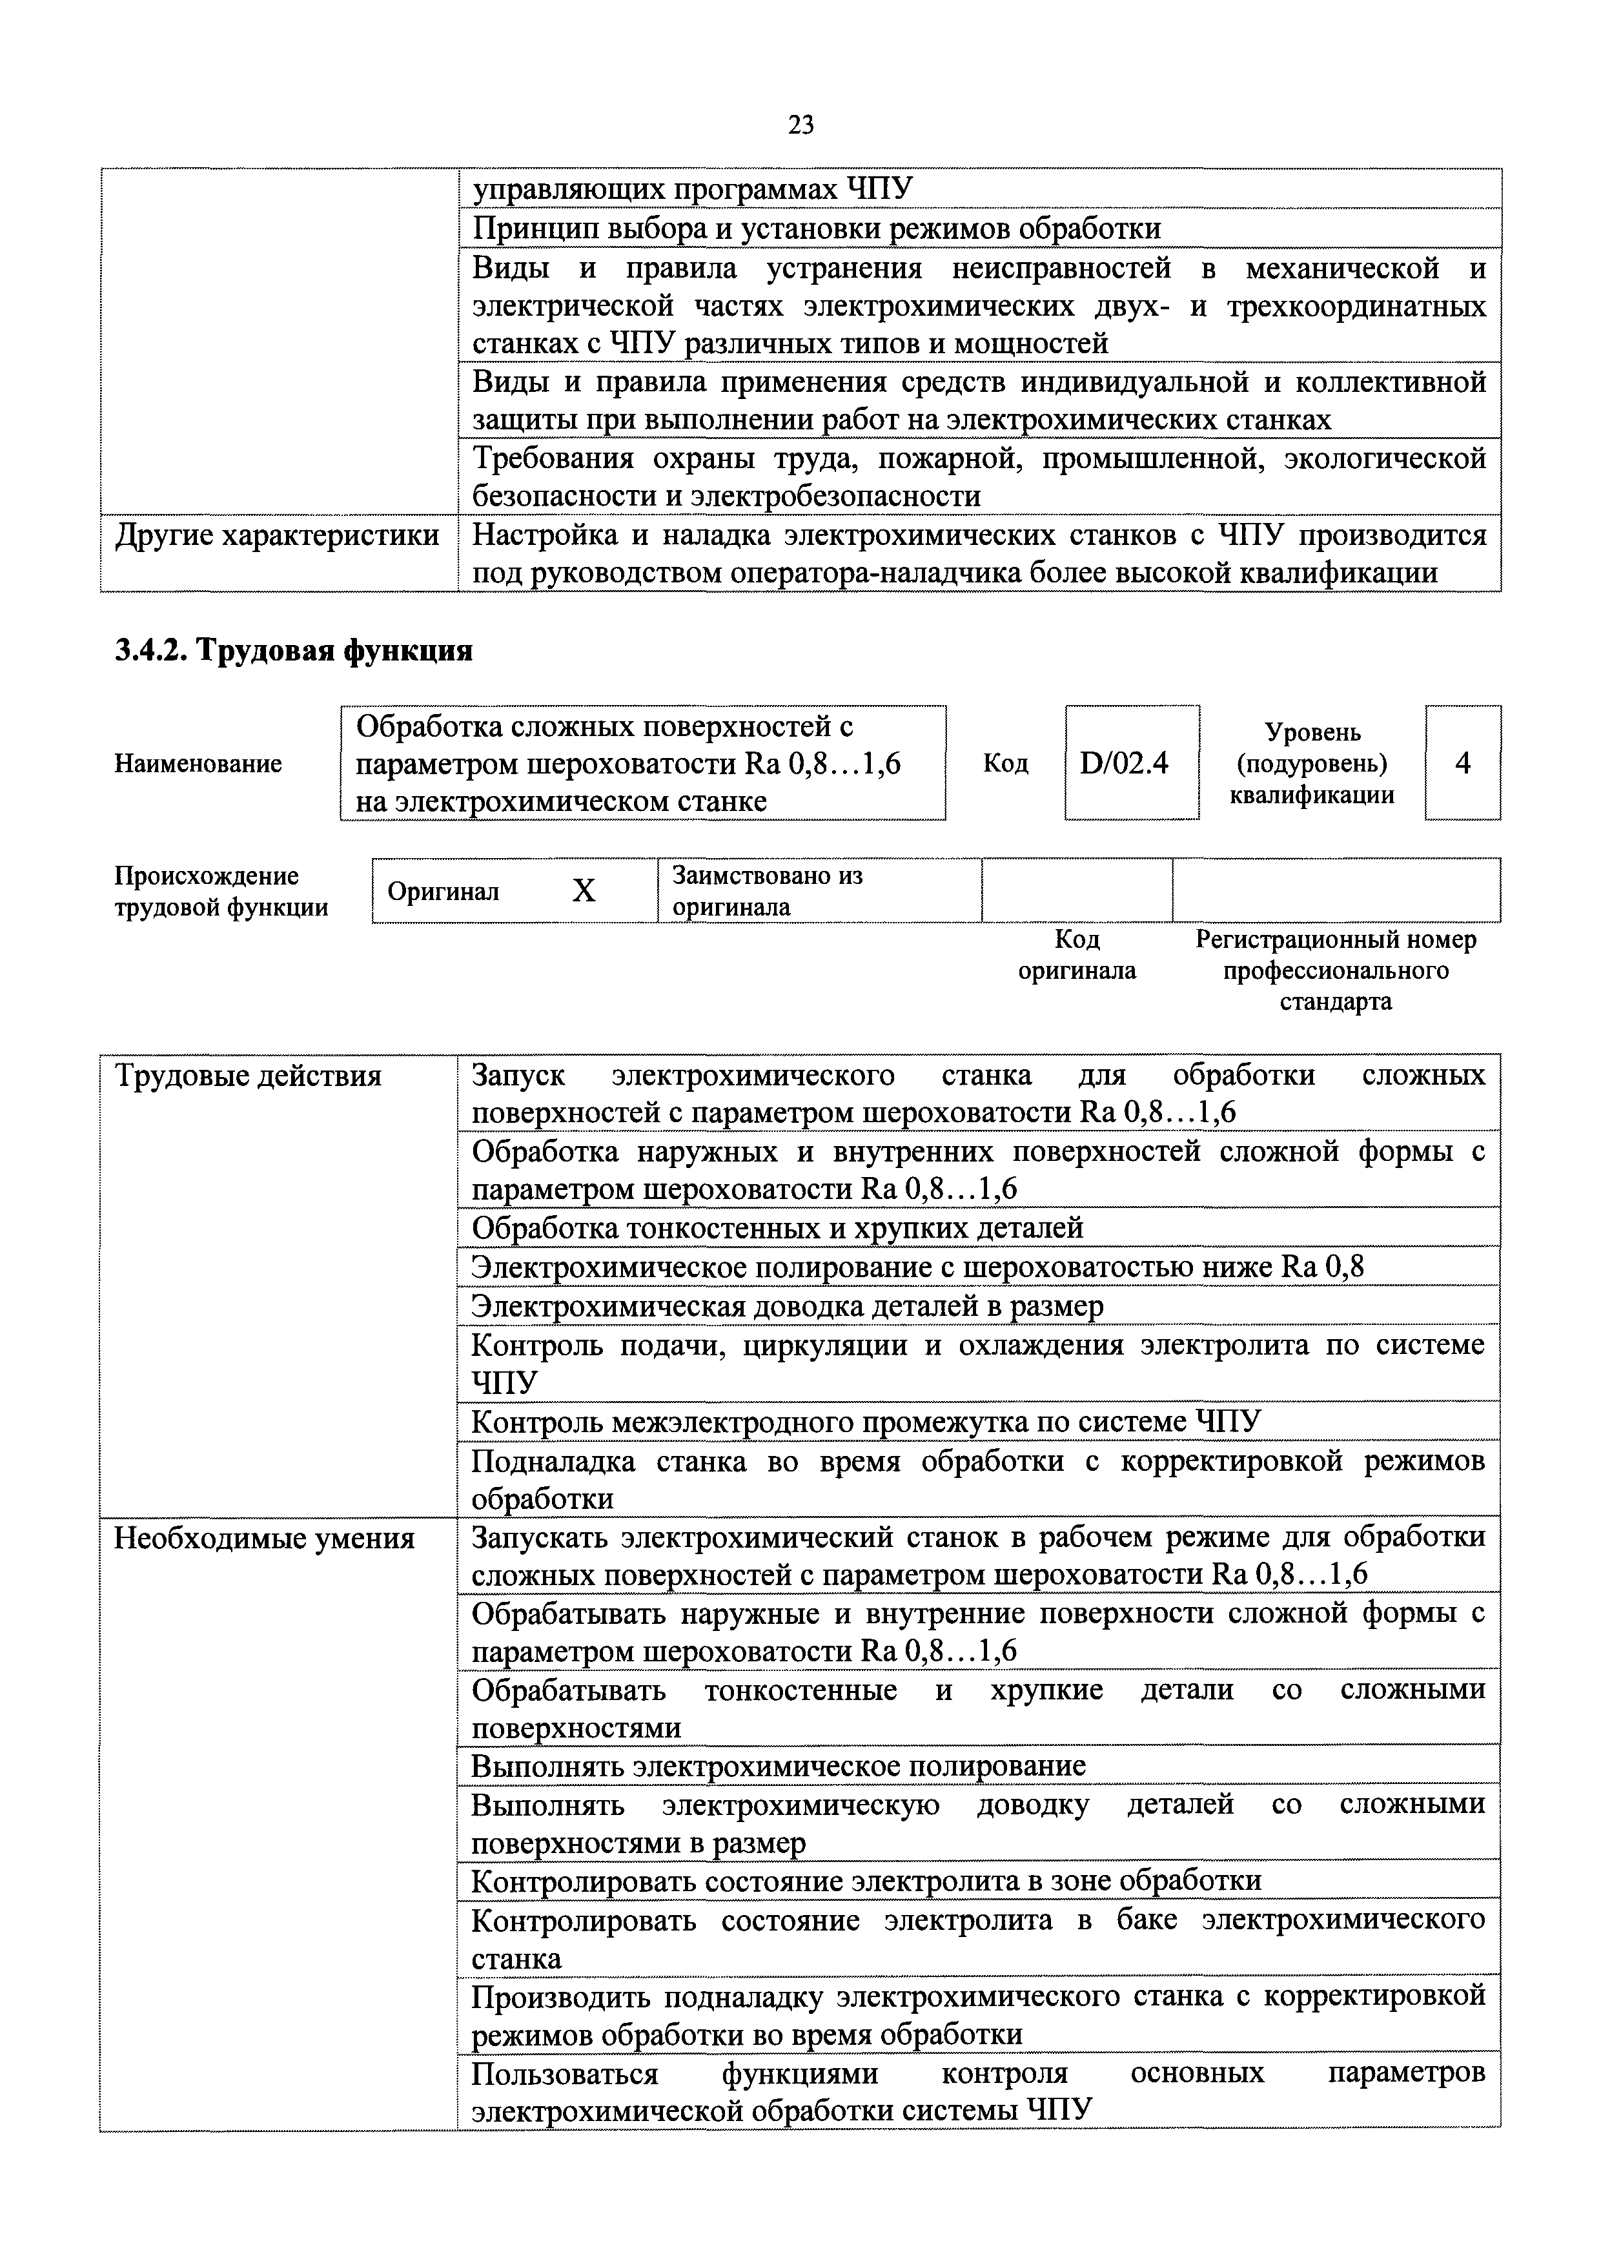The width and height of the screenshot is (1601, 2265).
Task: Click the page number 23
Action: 800,125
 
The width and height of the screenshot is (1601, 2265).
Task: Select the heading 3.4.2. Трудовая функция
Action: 294,651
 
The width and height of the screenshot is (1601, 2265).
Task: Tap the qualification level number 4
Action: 1462,763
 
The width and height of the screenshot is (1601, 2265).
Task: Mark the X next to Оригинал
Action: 584,891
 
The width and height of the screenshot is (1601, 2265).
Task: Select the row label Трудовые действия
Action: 248,1075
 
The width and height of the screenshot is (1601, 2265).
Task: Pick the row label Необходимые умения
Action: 265,1538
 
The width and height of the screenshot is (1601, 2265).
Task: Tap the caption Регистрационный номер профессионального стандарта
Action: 1336,970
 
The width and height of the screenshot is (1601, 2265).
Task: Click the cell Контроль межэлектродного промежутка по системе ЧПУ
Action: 866,1422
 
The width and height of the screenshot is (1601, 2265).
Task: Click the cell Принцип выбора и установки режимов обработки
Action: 817,229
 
